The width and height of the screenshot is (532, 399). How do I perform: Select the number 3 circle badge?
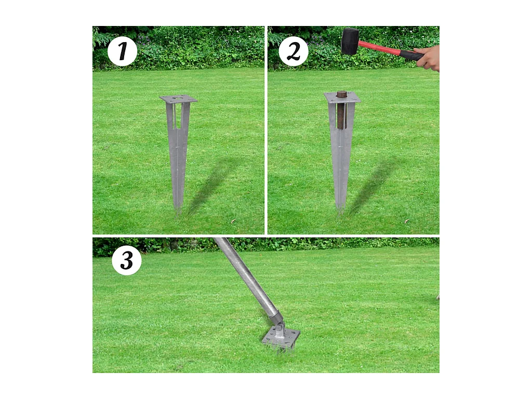(x=127, y=260)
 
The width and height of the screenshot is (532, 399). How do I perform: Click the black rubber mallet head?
(x=350, y=41)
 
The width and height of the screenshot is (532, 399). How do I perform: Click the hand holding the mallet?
(x=429, y=58)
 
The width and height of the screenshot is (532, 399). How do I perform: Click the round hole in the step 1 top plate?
(x=178, y=98)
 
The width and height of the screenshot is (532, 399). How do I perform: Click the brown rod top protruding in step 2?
(x=341, y=94)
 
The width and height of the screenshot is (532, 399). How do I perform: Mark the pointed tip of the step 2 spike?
(x=341, y=208)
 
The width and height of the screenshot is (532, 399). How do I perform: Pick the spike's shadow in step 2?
(x=371, y=184)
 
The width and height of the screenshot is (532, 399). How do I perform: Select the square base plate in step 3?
(x=281, y=338)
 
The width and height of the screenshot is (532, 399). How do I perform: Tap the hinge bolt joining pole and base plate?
(x=281, y=327)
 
